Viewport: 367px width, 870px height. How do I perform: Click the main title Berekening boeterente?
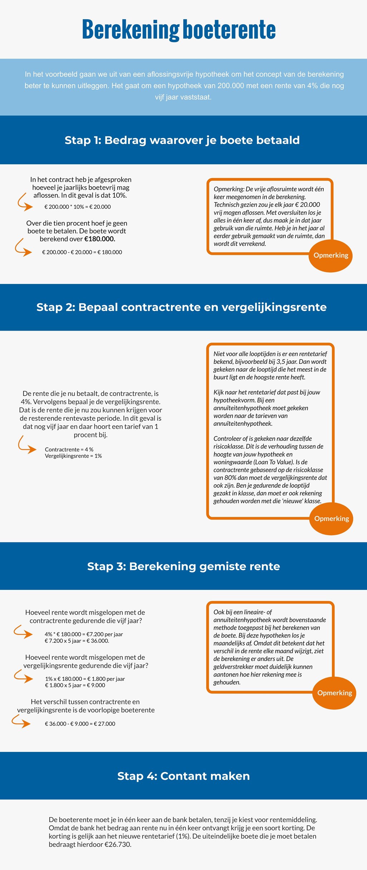pyautogui.click(x=179, y=30)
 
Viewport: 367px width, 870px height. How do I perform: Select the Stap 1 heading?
pyautogui.click(x=182, y=140)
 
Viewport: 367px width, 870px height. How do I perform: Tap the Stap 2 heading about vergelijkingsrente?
pyautogui.click(x=181, y=307)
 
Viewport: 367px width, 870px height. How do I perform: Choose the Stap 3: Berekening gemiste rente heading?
pyautogui.click(x=183, y=566)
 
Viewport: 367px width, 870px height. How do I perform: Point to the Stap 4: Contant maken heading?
pyautogui.click(x=183, y=776)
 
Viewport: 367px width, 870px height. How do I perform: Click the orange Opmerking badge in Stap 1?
pyautogui.click(x=331, y=255)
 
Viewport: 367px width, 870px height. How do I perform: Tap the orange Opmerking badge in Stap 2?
pyautogui.click(x=331, y=519)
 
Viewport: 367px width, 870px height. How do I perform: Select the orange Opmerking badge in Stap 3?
pyautogui.click(x=334, y=693)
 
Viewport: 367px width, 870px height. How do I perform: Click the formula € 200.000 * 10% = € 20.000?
pyautogui.click(x=78, y=207)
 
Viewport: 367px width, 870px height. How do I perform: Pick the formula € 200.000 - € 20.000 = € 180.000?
pyautogui.click(x=82, y=252)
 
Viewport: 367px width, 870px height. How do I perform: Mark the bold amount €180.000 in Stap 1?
pyautogui.click(x=100, y=239)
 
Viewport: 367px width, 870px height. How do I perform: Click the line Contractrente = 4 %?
pyautogui.click(x=69, y=449)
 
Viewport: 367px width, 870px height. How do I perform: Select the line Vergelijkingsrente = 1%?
pyautogui.click(x=73, y=456)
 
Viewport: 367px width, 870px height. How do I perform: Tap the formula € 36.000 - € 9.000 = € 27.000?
pyautogui.click(x=80, y=724)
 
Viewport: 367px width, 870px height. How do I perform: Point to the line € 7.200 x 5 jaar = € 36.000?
pyautogui.click(x=77, y=641)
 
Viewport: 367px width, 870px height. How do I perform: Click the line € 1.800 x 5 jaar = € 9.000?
pyautogui.click(x=75, y=685)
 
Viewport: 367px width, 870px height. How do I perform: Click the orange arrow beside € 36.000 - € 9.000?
pyautogui.click(x=21, y=721)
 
